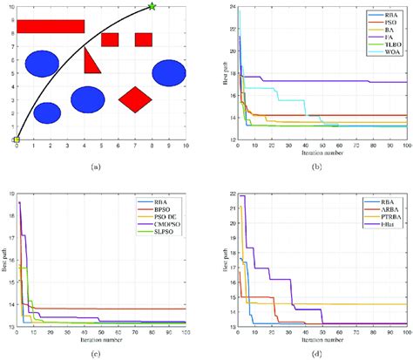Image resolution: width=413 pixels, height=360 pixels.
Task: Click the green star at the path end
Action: [x=152, y=7]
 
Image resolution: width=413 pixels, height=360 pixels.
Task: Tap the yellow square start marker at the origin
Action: [x=17, y=139]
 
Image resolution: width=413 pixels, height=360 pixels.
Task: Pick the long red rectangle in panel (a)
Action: [x=51, y=26]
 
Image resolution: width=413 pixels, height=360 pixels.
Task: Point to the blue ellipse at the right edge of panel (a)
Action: [x=168, y=73]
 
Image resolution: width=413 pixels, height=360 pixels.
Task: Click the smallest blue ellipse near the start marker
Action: [x=47, y=112]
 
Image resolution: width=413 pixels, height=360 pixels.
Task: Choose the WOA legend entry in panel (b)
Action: [x=389, y=52]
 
